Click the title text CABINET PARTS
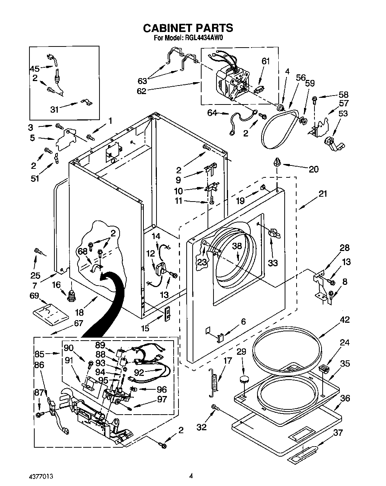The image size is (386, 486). [x=188, y=28]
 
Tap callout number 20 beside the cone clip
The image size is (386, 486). [x=314, y=169]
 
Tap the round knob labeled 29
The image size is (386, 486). [x=244, y=379]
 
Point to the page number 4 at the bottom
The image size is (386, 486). [x=191, y=476]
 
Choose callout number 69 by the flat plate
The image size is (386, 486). [x=34, y=295]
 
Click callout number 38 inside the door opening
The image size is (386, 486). [x=237, y=246]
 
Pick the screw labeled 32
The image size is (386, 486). [x=214, y=408]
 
